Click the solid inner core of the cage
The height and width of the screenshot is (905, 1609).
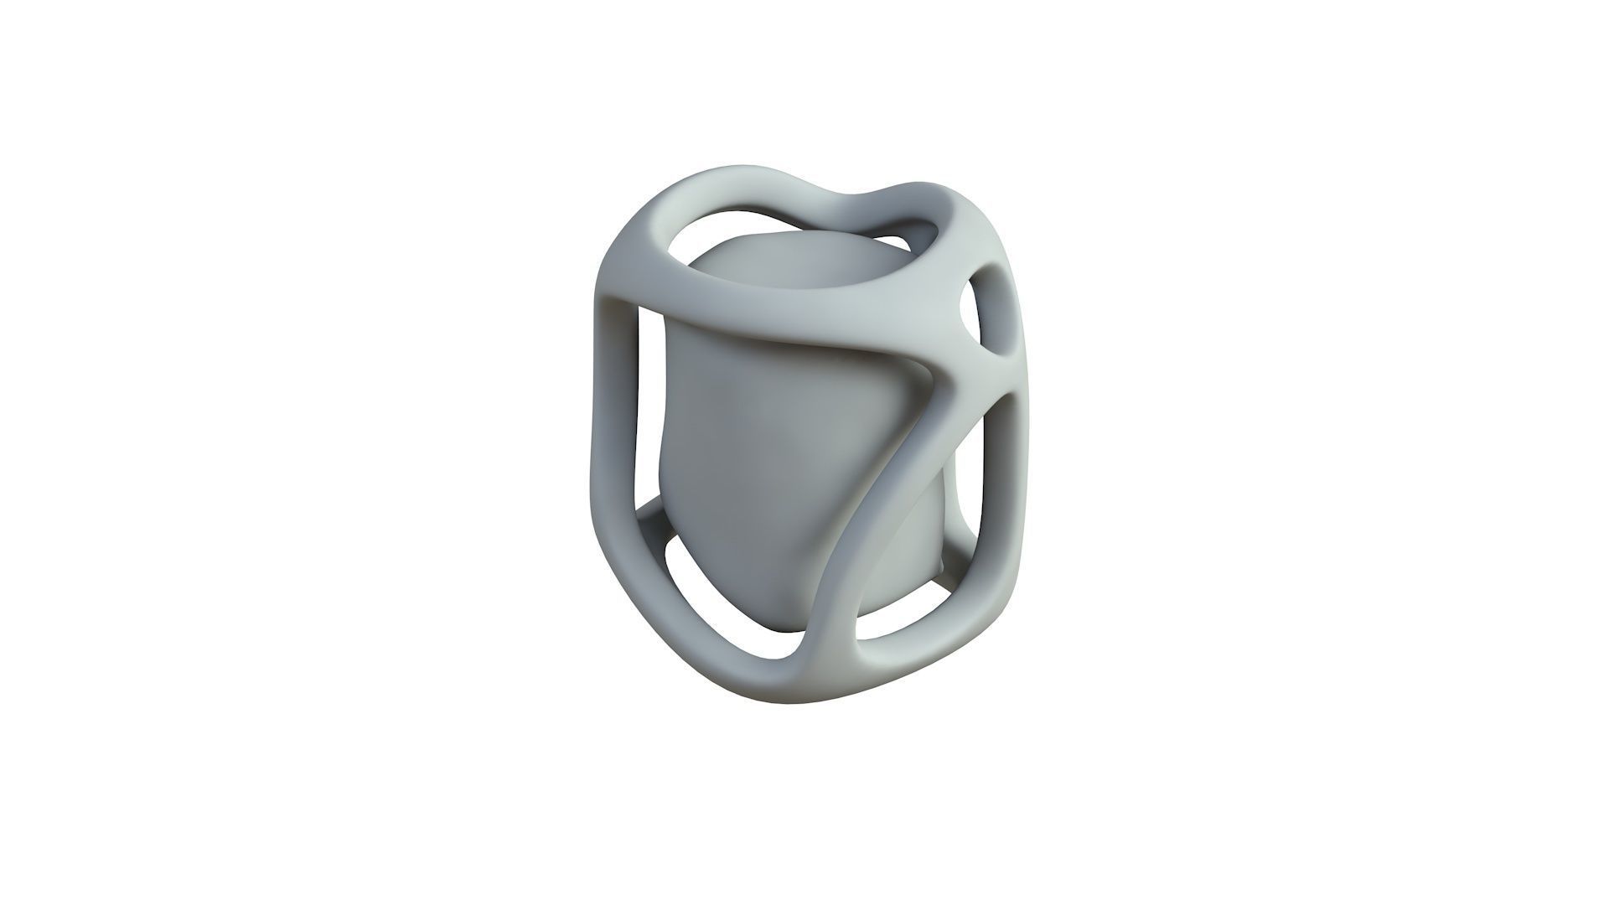754,436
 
